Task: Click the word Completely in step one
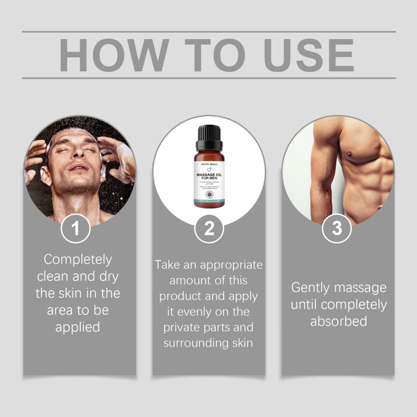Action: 78,259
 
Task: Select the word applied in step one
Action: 78,327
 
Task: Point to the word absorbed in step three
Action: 338,321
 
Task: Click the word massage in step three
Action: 363,288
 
